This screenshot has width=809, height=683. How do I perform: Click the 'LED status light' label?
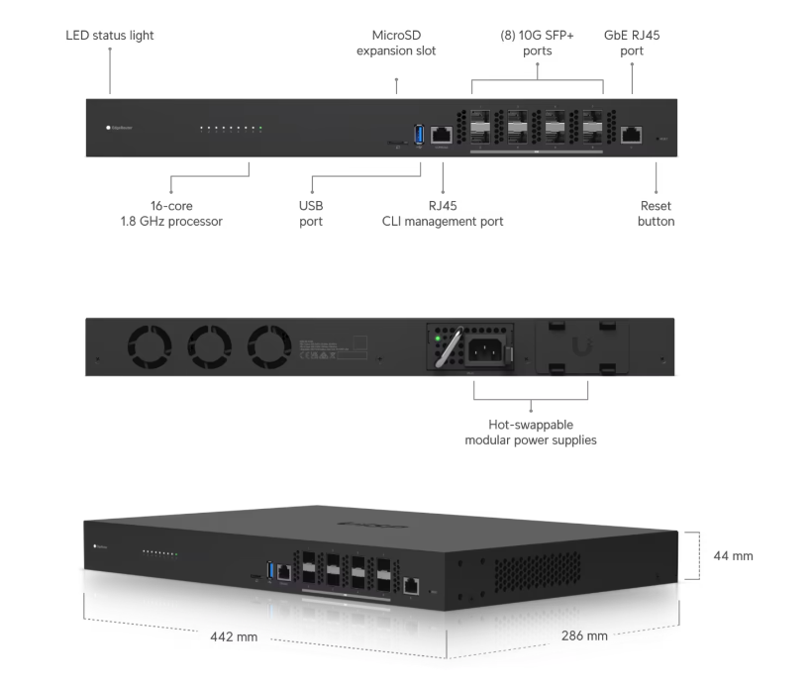point(110,36)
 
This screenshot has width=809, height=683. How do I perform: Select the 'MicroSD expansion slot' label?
point(396,44)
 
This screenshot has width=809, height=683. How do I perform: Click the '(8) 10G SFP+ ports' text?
point(537,44)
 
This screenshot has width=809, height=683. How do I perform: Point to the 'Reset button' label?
point(656,214)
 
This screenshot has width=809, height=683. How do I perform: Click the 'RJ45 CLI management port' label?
point(443,214)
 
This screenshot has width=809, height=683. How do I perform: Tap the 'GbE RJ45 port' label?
point(632,44)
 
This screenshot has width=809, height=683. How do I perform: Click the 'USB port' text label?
point(311,214)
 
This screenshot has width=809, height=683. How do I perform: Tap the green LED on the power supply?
point(437,340)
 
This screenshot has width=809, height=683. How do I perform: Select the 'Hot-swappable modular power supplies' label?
point(531,433)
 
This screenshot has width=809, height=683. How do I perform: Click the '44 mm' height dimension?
point(733,555)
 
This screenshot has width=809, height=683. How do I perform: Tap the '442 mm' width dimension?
point(234,636)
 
